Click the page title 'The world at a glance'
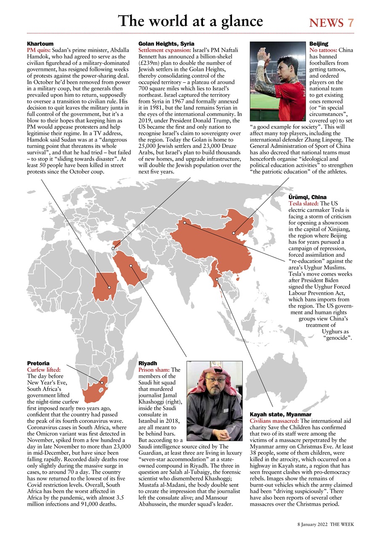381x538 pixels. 190,21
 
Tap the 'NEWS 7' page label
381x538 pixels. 331,23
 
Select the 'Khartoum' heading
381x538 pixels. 40,44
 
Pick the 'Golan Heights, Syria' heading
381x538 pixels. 166,44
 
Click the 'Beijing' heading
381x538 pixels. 318,44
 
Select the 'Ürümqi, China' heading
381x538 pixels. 307,197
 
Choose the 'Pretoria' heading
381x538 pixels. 38,363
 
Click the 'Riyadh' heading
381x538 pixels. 148,363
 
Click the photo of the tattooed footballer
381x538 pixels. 278,81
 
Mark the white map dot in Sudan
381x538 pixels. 109,287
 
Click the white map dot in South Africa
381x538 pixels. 101,383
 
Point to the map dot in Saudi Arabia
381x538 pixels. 131,266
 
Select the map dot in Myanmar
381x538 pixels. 217,279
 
